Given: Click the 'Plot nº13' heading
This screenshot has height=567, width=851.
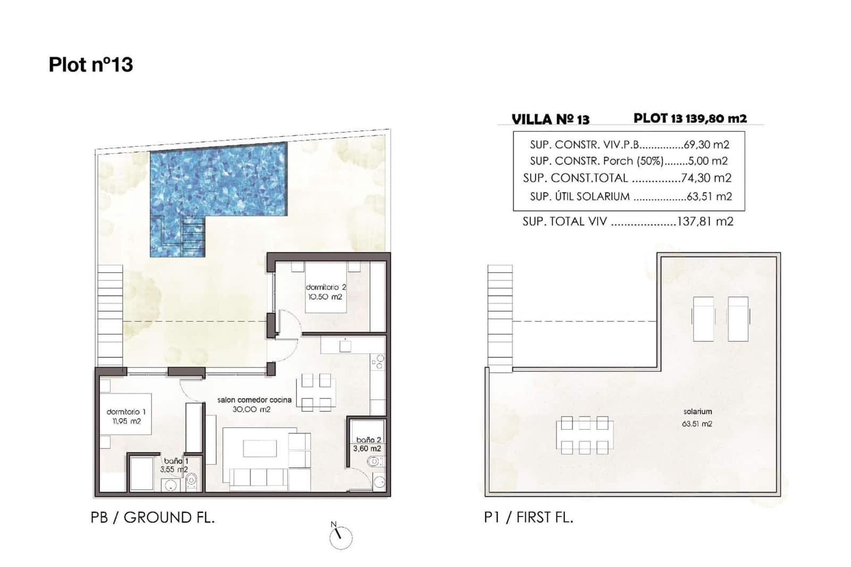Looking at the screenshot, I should tap(90, 64).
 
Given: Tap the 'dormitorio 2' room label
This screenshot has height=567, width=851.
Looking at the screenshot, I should tap(326, 287).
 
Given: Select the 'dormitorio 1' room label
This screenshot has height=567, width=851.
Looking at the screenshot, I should tap(126, 412).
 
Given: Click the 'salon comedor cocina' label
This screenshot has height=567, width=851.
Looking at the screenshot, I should tap(254, 400).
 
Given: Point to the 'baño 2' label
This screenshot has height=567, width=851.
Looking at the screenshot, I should tap(368, 440).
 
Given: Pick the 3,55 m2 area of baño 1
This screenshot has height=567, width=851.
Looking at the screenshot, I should tap(174, 470).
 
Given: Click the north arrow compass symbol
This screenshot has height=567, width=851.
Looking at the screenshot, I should tap(340, 537).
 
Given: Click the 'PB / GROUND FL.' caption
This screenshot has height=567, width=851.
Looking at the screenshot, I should tap(153, 517).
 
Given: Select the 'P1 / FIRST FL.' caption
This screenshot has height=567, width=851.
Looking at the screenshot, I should tap(528, 517).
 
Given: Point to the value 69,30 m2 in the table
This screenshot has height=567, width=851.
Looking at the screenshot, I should tap(706, 144).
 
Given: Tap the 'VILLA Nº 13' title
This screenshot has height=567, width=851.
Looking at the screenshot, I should tap(550, 119).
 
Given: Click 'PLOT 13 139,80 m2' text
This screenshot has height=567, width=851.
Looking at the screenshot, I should tap(690, 118).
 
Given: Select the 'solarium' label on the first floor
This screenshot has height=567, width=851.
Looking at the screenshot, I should tap(697, 411).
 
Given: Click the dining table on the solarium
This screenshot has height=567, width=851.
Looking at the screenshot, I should tap(585, 436).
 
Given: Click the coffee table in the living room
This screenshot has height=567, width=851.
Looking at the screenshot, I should tap(260, 448).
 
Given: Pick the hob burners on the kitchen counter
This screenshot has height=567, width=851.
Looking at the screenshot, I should tap(378, 362).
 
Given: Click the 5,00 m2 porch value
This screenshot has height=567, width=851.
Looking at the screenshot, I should tap(711, 161).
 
